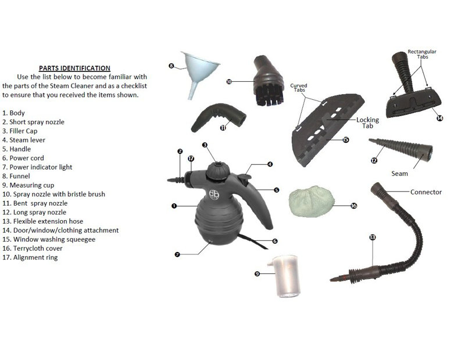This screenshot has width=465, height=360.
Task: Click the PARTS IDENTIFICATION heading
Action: coord(74,68)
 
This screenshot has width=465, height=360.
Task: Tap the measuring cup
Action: coord(285,276)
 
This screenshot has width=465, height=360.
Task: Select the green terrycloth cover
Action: coord(312,201)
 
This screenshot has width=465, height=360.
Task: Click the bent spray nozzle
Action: coord(219,117)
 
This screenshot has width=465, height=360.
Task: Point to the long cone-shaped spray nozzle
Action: coord(401,149)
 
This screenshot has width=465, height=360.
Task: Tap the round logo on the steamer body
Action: coord(214,195)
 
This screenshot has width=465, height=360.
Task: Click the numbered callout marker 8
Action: coord(171,66)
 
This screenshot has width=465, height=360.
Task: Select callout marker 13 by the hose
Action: coord(373,237)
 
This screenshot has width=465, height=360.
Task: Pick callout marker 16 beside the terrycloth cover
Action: coord(353,206)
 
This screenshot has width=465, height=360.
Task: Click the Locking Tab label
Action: coord(367,123)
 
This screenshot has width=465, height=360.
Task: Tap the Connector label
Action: coord(426,192)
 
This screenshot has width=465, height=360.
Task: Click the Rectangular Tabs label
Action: coord(422,54)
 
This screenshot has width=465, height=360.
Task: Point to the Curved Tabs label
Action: coord(299,88)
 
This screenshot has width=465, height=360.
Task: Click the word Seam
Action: coord(399,174)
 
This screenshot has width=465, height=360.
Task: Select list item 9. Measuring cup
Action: coord(28,185)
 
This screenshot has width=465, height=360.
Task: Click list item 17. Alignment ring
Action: coord(30,257)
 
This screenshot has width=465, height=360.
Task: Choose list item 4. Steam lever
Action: coord(24,140)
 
